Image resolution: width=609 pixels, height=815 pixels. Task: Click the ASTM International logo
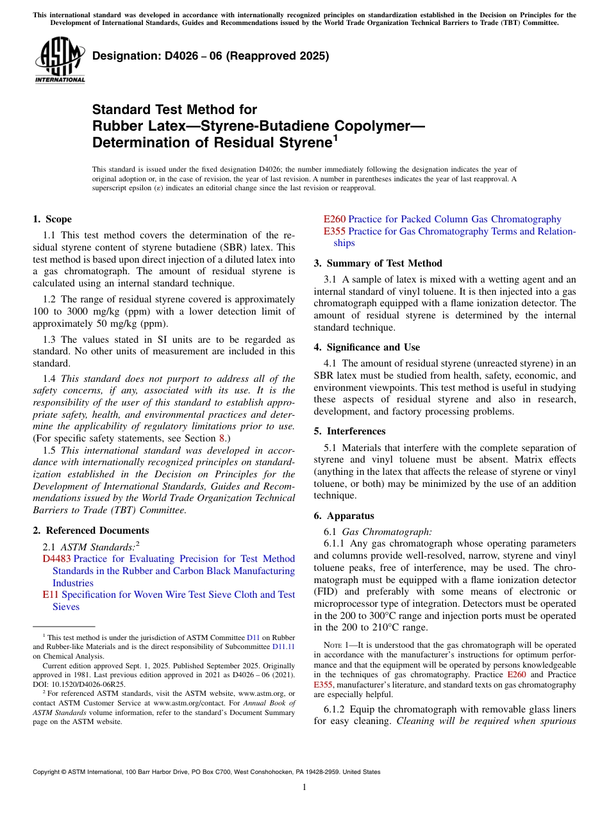tap(60, 61)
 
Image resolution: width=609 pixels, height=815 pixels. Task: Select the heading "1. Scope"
tap(52, 219)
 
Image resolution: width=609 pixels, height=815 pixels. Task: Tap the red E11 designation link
tap(51, 595)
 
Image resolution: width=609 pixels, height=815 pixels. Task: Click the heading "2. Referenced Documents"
tap(90, 531)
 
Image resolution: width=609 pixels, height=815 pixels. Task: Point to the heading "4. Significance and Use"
tap(367, 347)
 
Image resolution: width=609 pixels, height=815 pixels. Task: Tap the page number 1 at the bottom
tap(304, 787)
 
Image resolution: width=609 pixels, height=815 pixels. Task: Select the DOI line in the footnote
tap(79, 684)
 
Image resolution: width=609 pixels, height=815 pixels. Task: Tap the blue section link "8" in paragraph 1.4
tap(222, 438)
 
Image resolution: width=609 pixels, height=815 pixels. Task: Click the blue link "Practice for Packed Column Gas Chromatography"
tap(455, 219)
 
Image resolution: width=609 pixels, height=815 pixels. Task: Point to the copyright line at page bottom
tap(206, 772)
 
